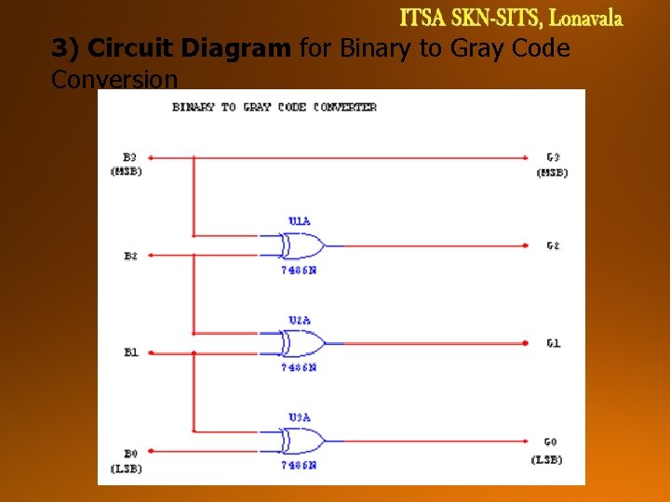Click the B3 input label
click(129, 157)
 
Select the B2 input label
click(130, 256)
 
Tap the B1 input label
click(130, 353)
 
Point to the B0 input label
click(129, 453)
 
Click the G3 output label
click(553, 157)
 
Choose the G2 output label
click(553, 246)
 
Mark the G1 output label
click(553, 344)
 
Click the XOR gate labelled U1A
click(298, 246)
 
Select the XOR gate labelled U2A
click(298, 344)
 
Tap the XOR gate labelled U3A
click(298, 442)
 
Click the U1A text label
click(299, 221)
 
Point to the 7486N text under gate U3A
click(299, 465)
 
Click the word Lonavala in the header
click(585, 18)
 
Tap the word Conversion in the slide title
click(114, 80)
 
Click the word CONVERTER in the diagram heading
click(345, 107)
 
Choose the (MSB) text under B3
click(127, 171)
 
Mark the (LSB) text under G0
click(547, 460)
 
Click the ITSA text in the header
click(424, 18)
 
